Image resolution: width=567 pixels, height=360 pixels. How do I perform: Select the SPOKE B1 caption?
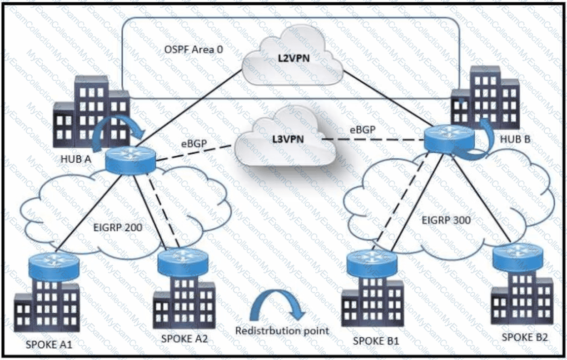(376, 340)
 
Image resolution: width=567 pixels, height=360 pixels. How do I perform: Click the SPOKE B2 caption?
(525, 337)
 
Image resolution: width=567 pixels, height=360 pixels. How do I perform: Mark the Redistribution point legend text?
(282, 330)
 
